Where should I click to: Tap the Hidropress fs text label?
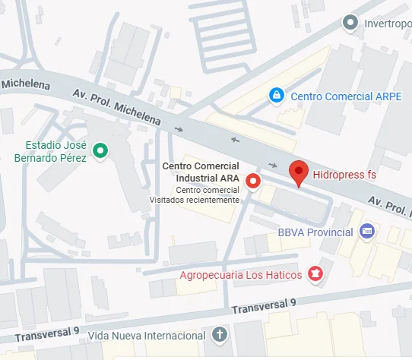(x=345, y=175)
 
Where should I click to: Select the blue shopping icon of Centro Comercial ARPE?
(x=277, y=96)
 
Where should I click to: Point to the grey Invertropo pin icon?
(x=350, y=23)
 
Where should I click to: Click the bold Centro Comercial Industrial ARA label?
(x=202, y=172)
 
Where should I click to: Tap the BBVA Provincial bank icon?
(x=367, y=231)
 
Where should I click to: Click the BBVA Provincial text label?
(x=315, y=232)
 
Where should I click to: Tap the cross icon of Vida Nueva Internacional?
(x=219, y=335)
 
